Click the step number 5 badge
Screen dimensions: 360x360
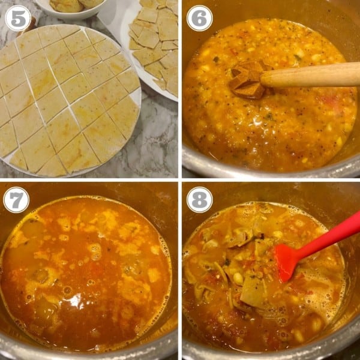click(17, 18)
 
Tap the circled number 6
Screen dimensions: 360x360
click(199, 18)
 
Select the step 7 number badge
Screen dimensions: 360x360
click(16, 199)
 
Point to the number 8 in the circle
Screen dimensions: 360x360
click(199, 199)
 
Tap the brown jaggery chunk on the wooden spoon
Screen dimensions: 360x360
click(247, 80)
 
